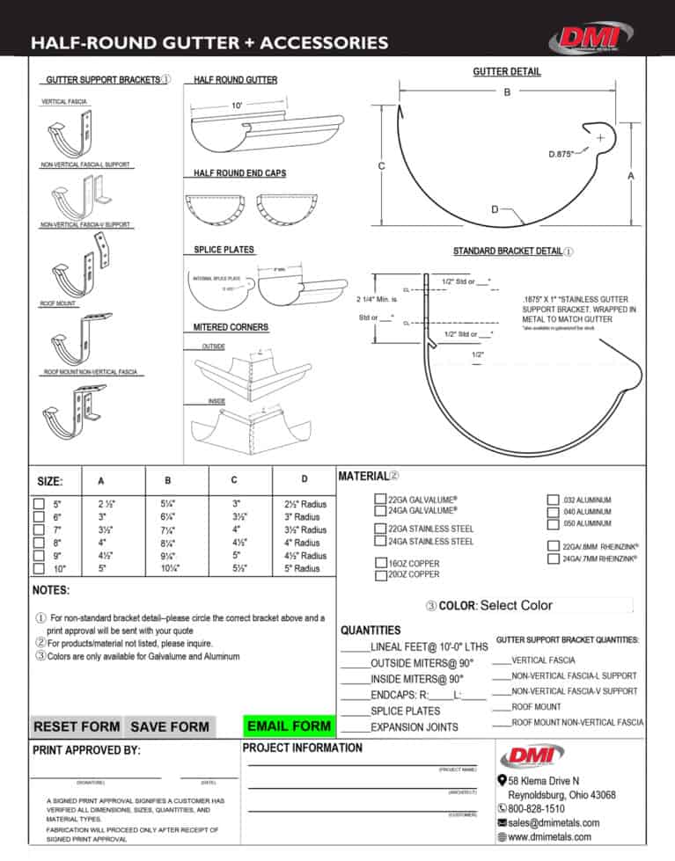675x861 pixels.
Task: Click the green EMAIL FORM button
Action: coord(290,726)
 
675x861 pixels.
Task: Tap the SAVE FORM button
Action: coord(169,726)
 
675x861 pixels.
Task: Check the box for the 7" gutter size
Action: coord(39,530)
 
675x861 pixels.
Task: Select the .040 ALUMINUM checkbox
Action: coord(553,511)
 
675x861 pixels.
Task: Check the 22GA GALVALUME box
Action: coord(380,499)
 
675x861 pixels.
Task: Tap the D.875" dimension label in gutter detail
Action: coord(561,154)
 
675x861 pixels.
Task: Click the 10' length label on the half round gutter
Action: coord(237,106)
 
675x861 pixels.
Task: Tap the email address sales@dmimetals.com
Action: coord(554,822)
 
